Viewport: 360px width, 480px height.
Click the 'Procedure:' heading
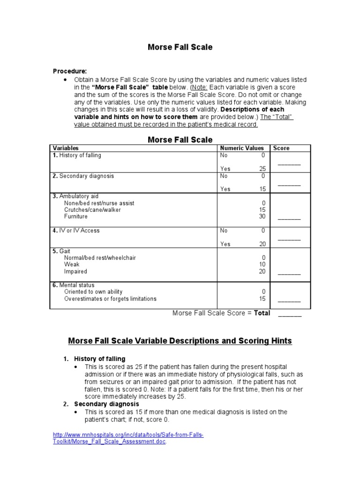[69, 71]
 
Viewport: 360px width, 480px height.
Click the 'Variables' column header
[66, 148]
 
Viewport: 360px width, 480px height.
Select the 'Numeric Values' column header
[242, 148]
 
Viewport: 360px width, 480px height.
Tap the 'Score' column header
[281, 148]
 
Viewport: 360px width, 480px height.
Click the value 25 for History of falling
[262, 169]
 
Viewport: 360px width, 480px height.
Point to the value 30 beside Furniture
[262, 217]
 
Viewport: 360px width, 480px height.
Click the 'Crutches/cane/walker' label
[92, 210]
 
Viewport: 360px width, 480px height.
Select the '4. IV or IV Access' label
[76, 231]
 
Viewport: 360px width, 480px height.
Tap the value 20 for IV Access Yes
[262, 244]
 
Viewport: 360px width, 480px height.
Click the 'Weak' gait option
[72, 264]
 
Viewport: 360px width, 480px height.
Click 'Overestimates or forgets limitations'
[110, 299]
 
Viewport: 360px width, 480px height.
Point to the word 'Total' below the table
[262, 313]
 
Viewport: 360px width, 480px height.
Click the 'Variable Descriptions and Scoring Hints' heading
[180, 341]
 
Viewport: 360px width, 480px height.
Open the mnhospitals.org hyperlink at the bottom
[127, 438]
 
